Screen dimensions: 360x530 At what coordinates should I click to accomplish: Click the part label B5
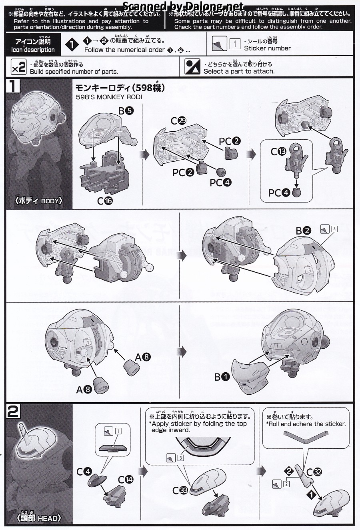point(126,111)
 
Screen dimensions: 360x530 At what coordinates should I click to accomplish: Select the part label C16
point(105,201)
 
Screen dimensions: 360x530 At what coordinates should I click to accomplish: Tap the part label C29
point(179,121)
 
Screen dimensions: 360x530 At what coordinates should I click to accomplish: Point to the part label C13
point(278,151)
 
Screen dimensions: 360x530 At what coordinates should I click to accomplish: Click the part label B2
point(304,231)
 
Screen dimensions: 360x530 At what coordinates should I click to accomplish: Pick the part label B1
point(222,377)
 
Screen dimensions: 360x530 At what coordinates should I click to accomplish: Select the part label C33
point(180,490)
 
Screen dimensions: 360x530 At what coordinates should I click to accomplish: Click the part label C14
point(126,480)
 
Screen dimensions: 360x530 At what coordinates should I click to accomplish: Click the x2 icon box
point(19,67)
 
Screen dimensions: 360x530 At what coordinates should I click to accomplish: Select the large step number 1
point(13,86)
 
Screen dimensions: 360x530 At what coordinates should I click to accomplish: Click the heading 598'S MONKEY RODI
point(109,97)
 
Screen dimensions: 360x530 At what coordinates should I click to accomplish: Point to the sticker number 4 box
point(334,229)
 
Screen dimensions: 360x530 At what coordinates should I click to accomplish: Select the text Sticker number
point(267,48)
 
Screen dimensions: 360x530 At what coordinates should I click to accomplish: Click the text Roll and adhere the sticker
point(307,424)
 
